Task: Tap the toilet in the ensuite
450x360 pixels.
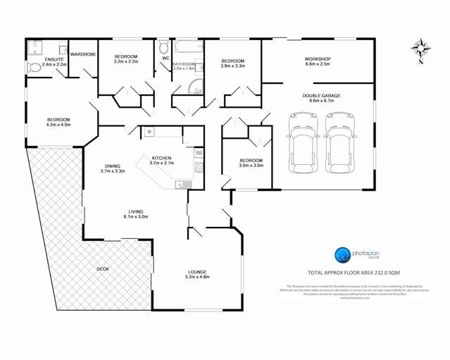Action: click(x=34, y=68)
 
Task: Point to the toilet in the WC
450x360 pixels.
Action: click(x=163, y=48)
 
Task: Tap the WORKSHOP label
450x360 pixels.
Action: click(x=318, y=58)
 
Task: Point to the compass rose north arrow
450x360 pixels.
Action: click(x=421, y=49)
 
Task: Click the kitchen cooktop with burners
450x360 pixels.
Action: click(x=199, y=168)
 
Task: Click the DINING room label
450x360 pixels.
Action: click(x=112, y=166)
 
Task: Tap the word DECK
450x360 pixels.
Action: click(x=102, y=269)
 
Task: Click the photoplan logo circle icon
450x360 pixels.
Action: click(x=341, y=254)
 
